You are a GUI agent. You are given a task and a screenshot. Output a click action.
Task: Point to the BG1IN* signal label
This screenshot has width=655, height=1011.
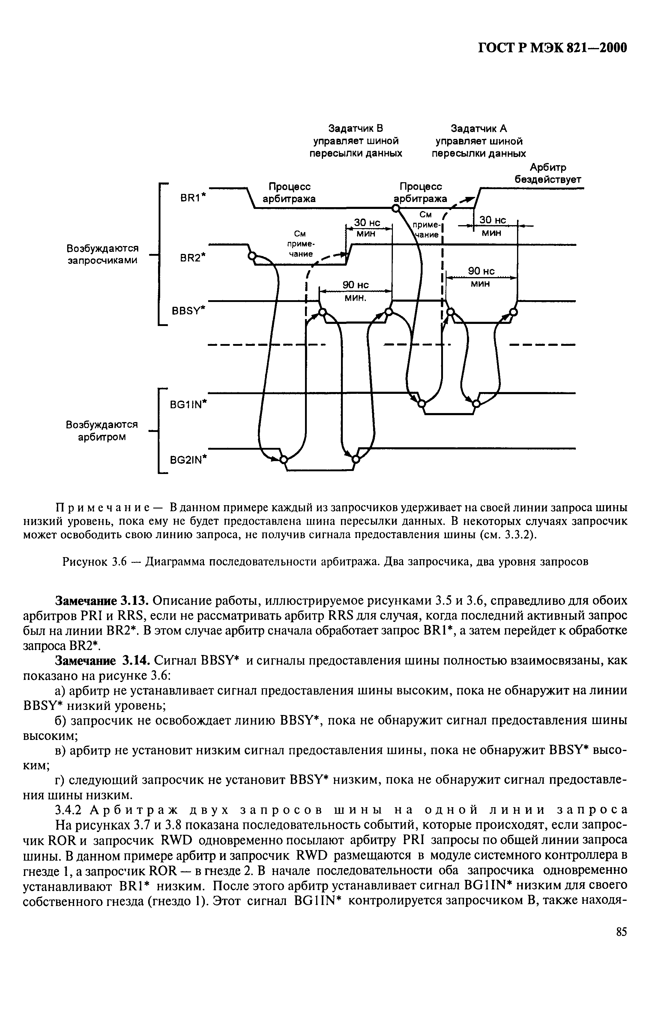(188, 405)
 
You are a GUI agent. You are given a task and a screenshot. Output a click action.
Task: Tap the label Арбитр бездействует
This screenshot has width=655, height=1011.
(548, 173)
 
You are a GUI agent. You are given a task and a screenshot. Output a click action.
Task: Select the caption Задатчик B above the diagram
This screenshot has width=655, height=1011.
(356, 128)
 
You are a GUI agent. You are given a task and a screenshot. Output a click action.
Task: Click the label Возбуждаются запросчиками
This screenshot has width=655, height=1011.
(103, 254)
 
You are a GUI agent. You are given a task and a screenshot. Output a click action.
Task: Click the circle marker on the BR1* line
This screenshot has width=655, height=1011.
(395, 208)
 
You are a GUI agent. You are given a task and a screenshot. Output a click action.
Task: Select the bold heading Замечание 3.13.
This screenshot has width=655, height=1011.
(101, 601)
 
